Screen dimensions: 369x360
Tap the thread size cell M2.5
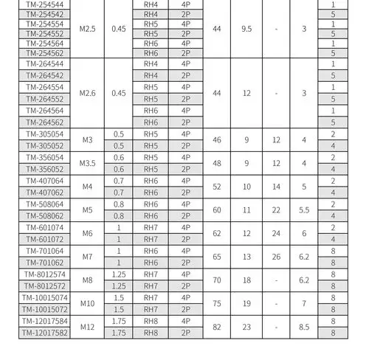click(x=88, y=29)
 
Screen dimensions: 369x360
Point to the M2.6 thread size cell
click(x=88, y=94)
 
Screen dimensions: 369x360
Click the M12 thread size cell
click(x=88, y=328)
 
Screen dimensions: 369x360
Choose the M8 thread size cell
click(x=88, y=280)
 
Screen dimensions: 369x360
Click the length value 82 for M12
click(x=216, y=328)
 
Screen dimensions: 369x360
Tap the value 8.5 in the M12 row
click(x=304, y=328)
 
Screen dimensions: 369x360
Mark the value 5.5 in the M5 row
click(x=304, y=210)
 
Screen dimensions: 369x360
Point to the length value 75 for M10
click(x=216, y=304)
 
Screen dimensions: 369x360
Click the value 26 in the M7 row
click(x=276, y=257)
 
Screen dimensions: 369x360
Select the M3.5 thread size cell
click(x=88, y=163)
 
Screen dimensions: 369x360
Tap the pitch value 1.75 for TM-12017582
click(x=119, y=333)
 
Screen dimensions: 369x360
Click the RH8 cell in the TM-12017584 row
click(x=151, y=322)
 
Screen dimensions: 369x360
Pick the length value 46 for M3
click(x=216, y=139)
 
